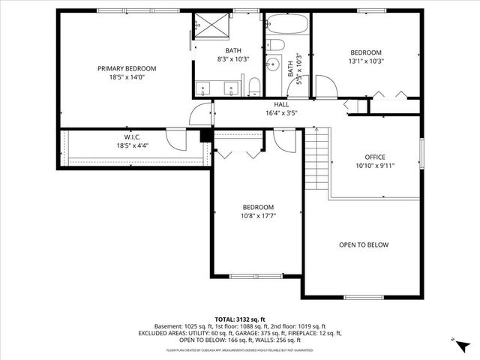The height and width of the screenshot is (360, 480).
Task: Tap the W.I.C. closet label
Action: pos(133,136)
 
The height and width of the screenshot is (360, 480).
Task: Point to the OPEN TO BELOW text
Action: pos(364,244)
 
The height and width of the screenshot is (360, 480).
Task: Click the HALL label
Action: pos(281,104)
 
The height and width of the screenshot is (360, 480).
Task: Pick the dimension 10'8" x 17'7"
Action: pos(257,216)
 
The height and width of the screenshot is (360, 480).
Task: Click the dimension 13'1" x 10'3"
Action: pos(366,61)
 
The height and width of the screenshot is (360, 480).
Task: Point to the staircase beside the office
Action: pos(318,160)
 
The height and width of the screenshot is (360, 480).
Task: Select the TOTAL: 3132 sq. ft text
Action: pos(241,318)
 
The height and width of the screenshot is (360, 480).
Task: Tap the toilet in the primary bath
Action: pos(254,84)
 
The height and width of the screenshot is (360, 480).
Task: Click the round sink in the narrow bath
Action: pos(274,64)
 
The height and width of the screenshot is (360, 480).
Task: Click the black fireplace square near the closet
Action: pos(203,136)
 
